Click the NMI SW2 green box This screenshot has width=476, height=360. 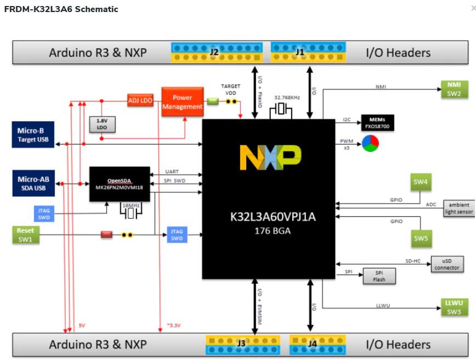(x=454, y=89)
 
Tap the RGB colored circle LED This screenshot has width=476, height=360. (x=370, y=144)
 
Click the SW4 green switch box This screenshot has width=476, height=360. (x=421, y=182)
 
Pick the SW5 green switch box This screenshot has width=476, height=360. (x=421, y=238)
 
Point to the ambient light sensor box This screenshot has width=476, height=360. (x=458, y=208)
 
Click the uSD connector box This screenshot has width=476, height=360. (x=446, y=264)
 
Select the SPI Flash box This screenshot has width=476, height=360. (x=379, y=276)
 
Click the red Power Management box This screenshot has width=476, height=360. (x=182, y=102)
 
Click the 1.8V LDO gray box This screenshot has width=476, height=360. (x=102, y=124)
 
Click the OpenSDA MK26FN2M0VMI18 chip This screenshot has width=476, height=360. (x=120, y=184)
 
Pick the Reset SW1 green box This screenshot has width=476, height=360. (x=25, y=235)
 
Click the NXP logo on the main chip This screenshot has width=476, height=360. (x=270, y=158)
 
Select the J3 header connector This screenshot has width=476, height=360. (x=242, y=344)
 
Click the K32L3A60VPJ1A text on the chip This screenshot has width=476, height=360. (x=273, y=216)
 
